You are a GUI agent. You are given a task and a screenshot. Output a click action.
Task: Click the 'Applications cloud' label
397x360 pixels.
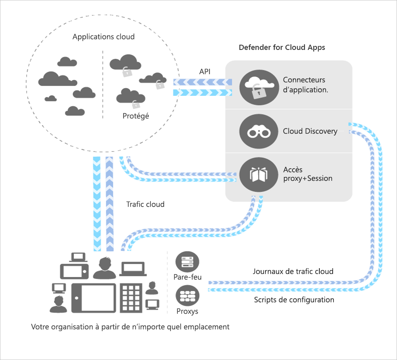(x=103, y=37)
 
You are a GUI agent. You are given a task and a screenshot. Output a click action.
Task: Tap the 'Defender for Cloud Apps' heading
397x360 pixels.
(x=282, y=47)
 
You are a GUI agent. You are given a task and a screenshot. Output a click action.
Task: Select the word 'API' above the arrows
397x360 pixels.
(x=205, y=72)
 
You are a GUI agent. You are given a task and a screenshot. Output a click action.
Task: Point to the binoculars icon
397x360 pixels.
(x=256, y=131)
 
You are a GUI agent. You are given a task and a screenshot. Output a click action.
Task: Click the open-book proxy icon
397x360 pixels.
(x=256, y=174)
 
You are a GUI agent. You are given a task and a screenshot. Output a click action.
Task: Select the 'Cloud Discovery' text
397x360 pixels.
(x=310, y=131)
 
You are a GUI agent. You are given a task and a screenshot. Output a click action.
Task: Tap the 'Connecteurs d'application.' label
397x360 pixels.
(x=305, y=85)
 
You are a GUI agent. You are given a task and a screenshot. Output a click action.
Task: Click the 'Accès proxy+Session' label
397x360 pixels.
(x=307, y=174)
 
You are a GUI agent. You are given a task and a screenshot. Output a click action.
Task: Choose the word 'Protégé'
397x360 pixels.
(x=136, y=116)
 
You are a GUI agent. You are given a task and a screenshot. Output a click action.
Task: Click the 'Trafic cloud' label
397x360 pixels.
(x=145, y=204)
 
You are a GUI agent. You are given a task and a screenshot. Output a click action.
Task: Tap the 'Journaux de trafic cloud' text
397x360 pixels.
(x=293, y=271)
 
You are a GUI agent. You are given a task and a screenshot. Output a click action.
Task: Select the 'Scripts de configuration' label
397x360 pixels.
(x=294, y=300)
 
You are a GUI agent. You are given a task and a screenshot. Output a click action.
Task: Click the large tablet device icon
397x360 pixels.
(x=94, y=298)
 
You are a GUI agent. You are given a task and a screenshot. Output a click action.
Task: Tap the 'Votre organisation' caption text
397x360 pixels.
(x=130, y=327)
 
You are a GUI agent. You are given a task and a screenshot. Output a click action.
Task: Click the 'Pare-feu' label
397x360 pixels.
(x=187, y=277)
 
